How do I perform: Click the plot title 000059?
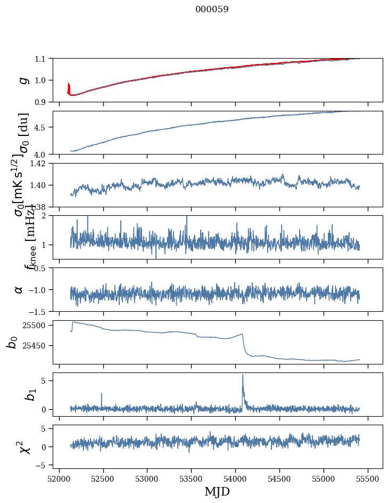212,10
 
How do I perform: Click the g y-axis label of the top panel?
23,80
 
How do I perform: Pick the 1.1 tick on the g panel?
42,59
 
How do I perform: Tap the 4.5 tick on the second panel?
42,127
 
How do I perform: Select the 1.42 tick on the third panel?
38,164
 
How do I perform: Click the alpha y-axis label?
19,289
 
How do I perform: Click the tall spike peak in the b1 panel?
243,375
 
